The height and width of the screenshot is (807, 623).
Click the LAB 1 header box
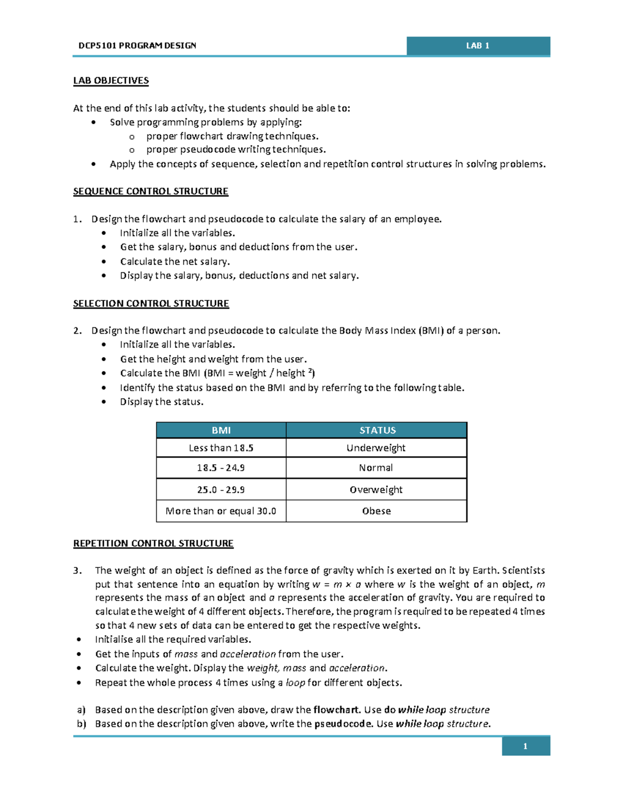pyautogui.click(x=478, y=46)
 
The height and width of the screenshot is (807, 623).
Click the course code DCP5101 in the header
pyautogui.click(x=98, y=46)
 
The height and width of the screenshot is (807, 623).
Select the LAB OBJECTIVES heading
pyautogui.click(x=111, y=81)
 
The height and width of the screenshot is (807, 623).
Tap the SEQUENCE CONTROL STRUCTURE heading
pyautogui.click(x=151, y=191)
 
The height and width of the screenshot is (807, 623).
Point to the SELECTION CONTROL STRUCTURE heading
pyautogui.click(x=151, y=303)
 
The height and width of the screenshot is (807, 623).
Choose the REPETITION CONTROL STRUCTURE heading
pyautogui.click(x=153, y=544)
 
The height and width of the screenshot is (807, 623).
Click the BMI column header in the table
pyautogui.click(x=221, y=430)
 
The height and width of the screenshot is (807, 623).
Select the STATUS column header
pyautogui.click(x=377, y=430)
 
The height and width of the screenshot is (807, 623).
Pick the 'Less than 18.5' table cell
pyautogui.click(x=221, y=448)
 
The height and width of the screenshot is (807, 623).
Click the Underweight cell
pyautogui.click(x=376, y=448)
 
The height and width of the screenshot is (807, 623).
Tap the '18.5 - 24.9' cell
pyautogui.click(x=221, y=468)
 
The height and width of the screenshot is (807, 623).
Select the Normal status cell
pyautogui.click(x=376, y=468)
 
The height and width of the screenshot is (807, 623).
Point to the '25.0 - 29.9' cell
pyautogui.click(x=221, y=490)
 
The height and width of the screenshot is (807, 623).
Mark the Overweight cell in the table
pyautogui.click(x=376, y=490)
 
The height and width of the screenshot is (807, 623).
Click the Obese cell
pyautogui.click(x=376, y=511)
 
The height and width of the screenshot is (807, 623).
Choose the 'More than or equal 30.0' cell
pyautogui.click(x=221, y=511)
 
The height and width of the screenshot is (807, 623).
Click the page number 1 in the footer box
pyautogui.click(x=525, y=746)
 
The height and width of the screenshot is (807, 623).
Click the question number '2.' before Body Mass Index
pyautogui.click(x=77, y=331)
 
